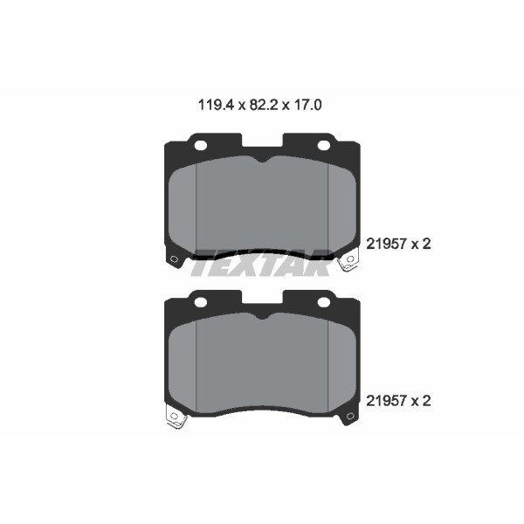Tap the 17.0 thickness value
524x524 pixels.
(307, 105)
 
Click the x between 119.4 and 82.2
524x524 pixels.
(241, 107)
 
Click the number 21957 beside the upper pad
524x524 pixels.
(387, 244)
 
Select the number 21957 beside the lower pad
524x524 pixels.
(387, 400)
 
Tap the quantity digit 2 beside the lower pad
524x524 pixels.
(426, 400)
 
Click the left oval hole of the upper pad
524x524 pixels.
(201, 145)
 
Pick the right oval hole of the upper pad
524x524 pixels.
(323, 145)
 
